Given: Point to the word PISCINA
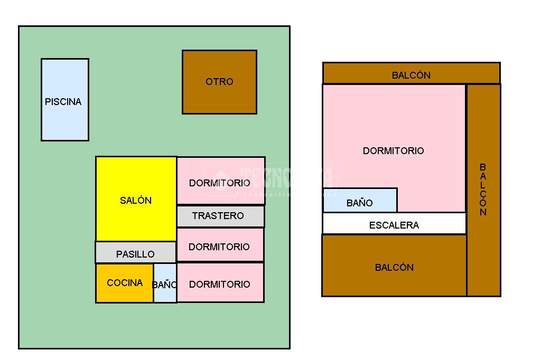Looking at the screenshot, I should pyautogui.click(x=63, y=102).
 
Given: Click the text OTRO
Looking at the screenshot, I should pyautogui.click(x=219, y=82).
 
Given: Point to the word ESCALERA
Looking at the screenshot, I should pyautogui.click(x=394, y=225).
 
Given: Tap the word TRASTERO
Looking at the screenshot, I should pyautogui.click(x=218, y=216).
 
